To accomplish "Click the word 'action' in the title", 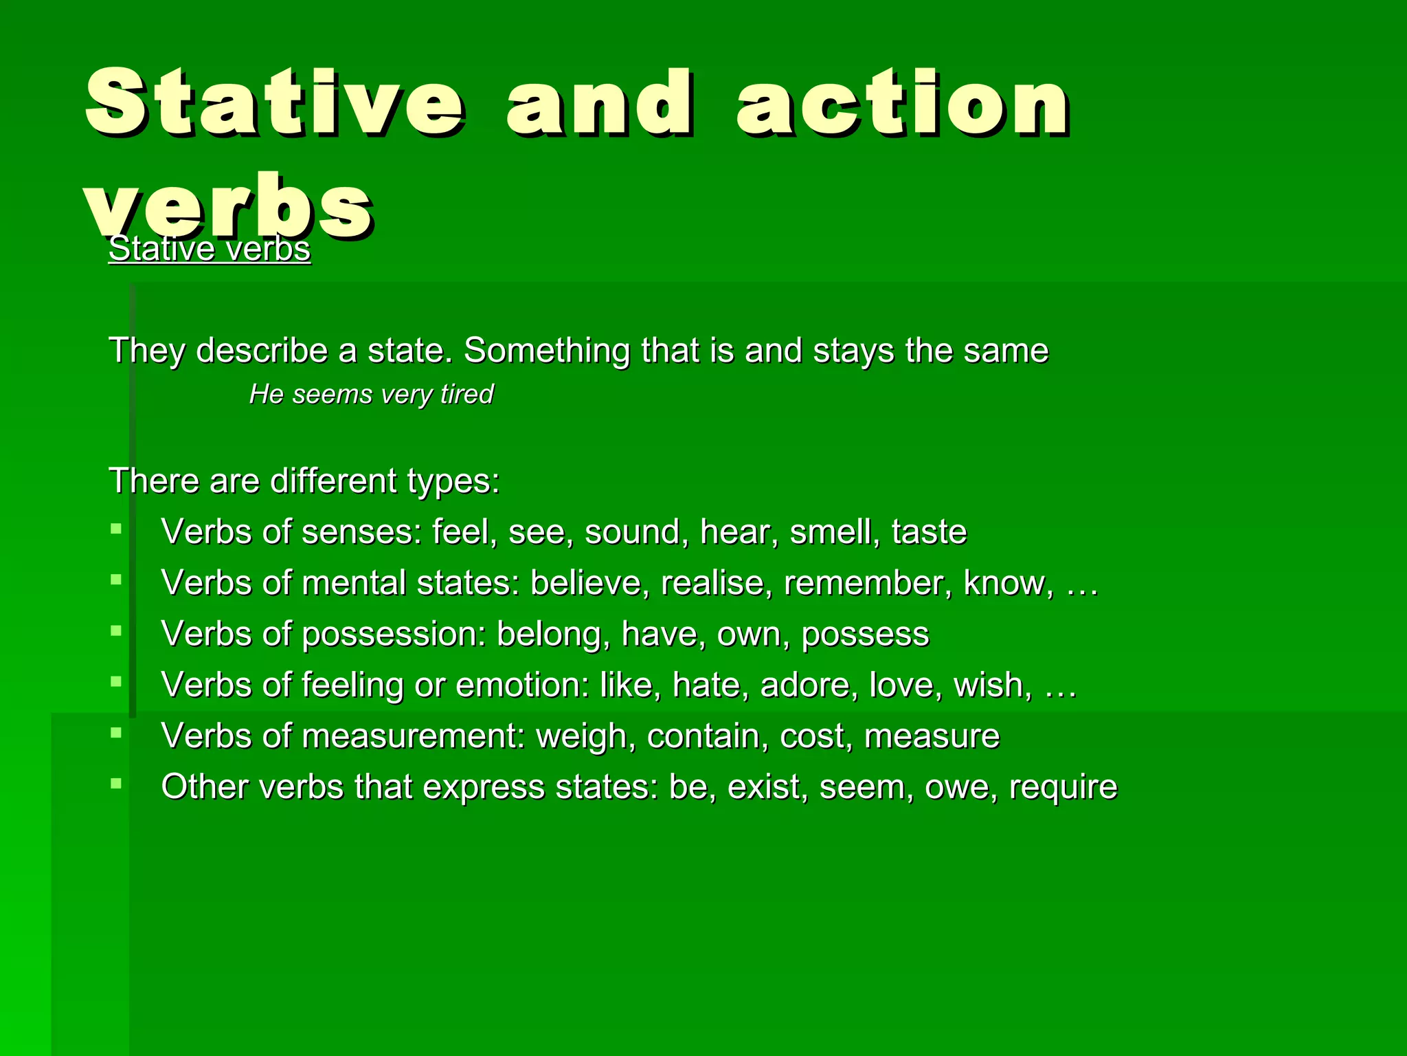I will click(x=901, y=104).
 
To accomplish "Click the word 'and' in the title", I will click(x=599, y=104).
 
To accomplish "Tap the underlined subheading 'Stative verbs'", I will click(x=210, y=249).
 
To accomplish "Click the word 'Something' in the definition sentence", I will click(x=546, y=351).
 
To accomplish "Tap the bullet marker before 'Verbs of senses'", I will click(x=116, y=529).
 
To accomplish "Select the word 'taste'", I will click(x=929, y=531).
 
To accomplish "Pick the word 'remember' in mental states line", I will click(x=868, y=583).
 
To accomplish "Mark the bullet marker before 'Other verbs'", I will click(x=116, y=783).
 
